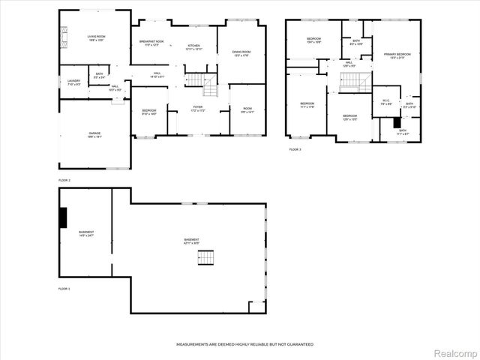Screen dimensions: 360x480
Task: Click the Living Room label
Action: click(x=95, y=36)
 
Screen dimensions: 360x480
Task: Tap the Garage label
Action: click(x=94, y=133)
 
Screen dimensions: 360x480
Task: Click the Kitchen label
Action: click(x=194, y=46)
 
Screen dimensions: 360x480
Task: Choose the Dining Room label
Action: click(x=241, y=52)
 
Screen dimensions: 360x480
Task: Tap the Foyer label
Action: click(x=197, y=108)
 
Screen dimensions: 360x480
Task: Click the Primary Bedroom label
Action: click(x=397, y=55)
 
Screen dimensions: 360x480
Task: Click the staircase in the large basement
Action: click(x=205, y=257)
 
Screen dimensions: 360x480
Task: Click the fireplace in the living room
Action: click(x=64, y=36)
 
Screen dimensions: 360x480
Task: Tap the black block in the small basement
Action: click(x=64, y=217)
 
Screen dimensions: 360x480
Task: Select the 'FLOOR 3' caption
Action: click(x=295, y=150)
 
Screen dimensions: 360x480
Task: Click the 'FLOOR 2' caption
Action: click(x=64, y=181)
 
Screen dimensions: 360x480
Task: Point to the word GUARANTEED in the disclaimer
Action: click(x=298, y=344)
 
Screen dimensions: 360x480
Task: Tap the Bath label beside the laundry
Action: click(x=99, y=73)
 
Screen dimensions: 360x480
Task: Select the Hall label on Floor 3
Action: click(x=349, y=63)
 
